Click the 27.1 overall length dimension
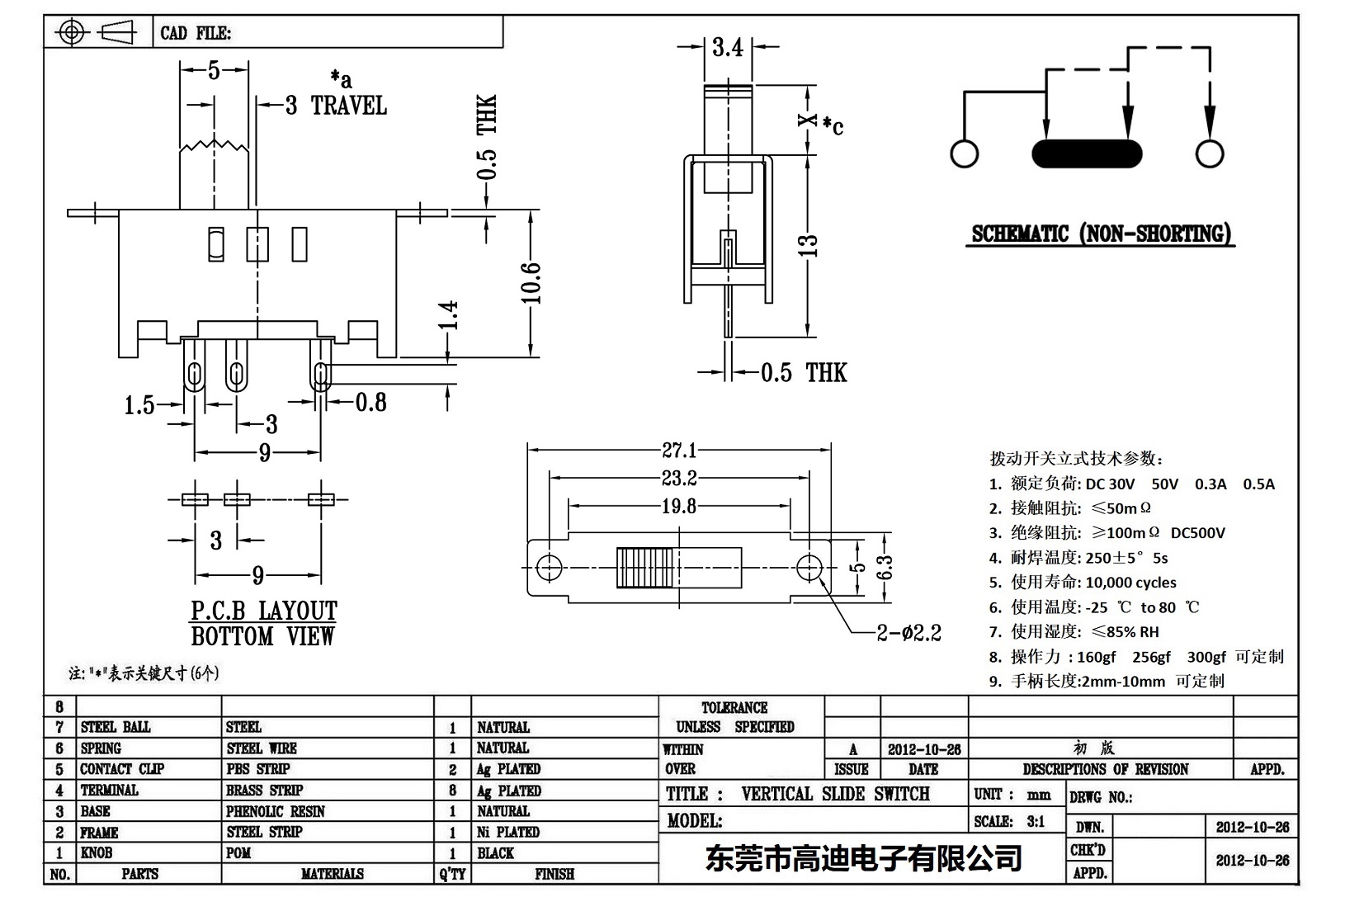[679, 451]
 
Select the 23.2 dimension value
[679, 478]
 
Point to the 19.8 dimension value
[679, 507]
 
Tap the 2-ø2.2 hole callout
[908, 633]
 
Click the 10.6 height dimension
[532, 283]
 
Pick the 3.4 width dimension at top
[728, 48]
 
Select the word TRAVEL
[349, 106]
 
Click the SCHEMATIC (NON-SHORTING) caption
[1102, 234]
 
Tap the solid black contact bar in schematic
[1087, 153]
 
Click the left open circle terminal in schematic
[964, 153]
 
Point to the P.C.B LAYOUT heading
[264, 611]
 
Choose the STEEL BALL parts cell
[116, 727]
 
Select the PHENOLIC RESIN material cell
[276, 811]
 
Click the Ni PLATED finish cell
[508, 832]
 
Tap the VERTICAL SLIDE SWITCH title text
[835, 794]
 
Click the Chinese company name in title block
[863, 858]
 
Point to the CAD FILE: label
[196, 33]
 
